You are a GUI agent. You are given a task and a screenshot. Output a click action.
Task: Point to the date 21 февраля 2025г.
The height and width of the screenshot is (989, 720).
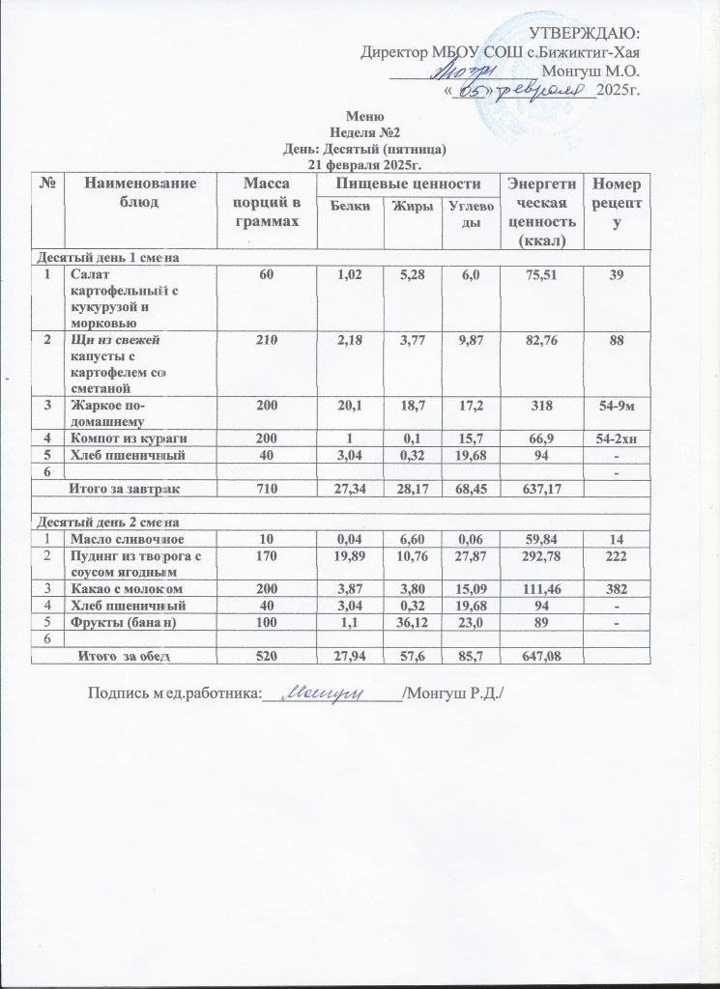click(x=359, y=164)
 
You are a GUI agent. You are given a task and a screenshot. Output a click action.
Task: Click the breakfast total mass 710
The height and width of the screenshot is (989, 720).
click(x=259, y=490)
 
